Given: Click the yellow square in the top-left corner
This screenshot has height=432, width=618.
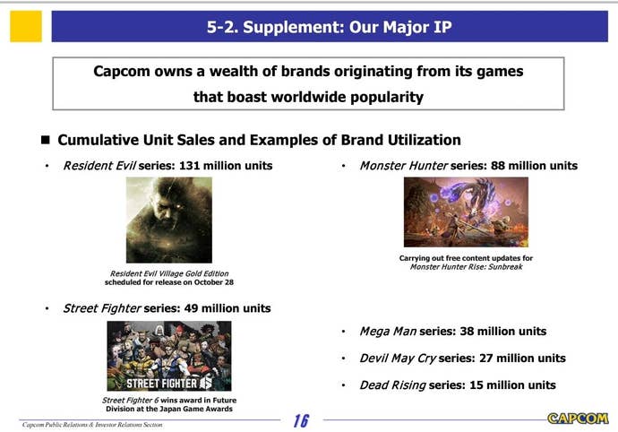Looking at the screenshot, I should [26, 27].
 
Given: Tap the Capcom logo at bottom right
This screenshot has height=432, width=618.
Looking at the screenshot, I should [577, 418].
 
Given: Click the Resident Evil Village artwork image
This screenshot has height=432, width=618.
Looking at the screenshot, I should [168, 220].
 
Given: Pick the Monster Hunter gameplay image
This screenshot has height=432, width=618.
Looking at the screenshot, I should [466, 212].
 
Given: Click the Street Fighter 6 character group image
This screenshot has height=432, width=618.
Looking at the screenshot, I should [168, 355].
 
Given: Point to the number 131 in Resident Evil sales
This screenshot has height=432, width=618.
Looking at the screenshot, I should [190, 166].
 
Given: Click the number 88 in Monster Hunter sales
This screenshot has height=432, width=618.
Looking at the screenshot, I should [499, 166].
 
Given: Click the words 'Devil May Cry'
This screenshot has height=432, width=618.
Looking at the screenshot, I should [397, 359].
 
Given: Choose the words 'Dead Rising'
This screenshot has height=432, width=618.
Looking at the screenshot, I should [392, 385].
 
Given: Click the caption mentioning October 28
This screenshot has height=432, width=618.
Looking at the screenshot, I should [168, 278].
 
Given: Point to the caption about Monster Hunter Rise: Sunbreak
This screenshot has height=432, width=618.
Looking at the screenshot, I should [466, 263].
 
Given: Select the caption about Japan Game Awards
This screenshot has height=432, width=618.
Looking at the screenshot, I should [168, 404].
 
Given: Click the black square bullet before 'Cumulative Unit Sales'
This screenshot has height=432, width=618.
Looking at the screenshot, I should [45, 141].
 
